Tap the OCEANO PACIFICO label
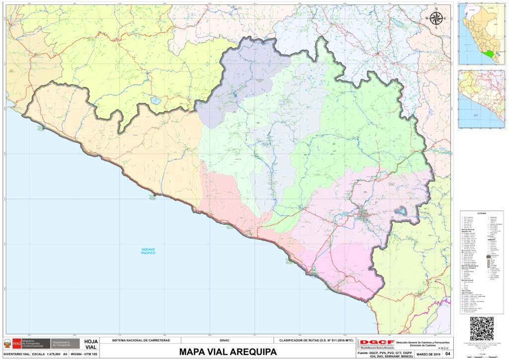point(148,251)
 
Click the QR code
point(482,329)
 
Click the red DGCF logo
point(376,343)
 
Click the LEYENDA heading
point(481,213)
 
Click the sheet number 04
point(447,354)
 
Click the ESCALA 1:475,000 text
point(46,354)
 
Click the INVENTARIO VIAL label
point(16,354)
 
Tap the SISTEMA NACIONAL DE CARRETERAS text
point(141,341)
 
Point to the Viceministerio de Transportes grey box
point(66,343)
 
